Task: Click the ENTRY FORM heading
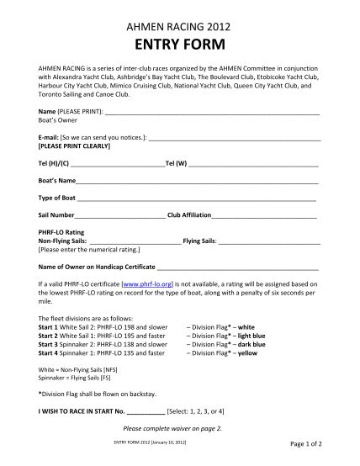coord(179,44)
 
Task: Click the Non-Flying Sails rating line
coord(135,241)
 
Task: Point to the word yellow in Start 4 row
coord(247,353)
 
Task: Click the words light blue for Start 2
coord(251,336)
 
